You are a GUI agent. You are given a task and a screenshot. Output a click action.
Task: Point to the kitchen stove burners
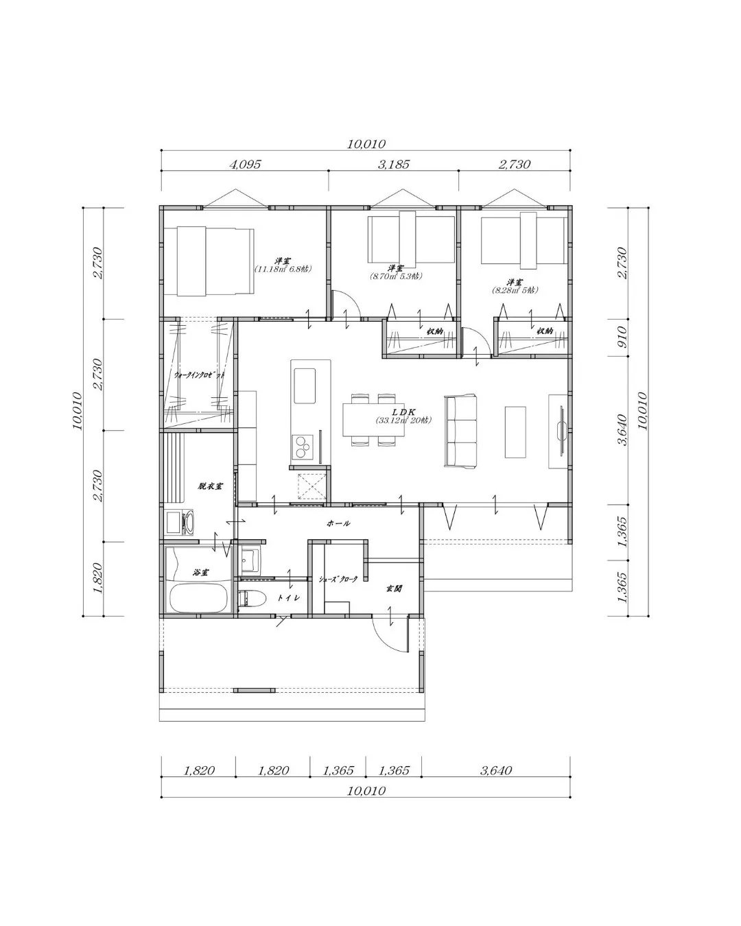tap(301, 447)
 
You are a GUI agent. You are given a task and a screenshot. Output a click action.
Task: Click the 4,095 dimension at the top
tap(245, 165)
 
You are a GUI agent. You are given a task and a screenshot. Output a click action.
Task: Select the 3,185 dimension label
tap(393, 165)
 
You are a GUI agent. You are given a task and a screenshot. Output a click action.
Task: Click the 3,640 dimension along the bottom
tap(496, 770)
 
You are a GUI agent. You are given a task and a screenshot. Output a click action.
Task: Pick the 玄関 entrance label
tap(393, 588)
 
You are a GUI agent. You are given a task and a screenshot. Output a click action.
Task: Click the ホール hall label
tap(338, 523)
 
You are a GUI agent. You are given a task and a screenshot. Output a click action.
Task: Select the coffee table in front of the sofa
tap(515, 431)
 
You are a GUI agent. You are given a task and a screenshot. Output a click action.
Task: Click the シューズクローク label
tap(338, 579)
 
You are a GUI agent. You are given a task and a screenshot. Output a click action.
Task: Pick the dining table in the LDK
tap(370, 419)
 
